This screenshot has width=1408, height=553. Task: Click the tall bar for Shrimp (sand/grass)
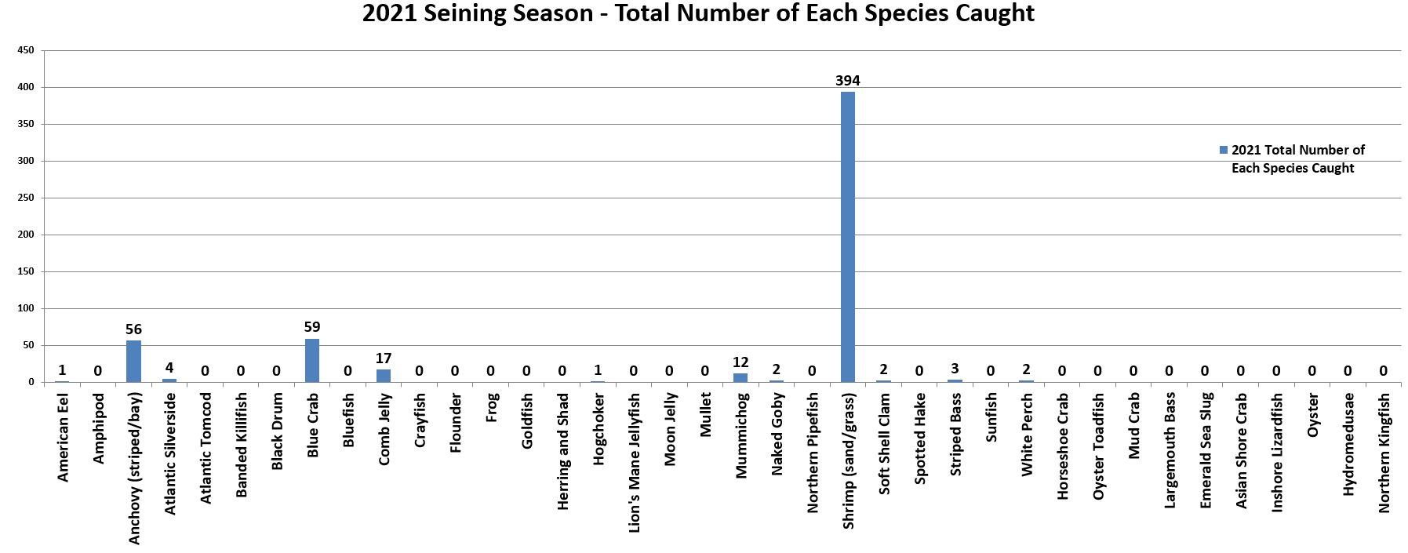(848, 235)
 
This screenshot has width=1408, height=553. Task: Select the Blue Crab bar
(312, 360)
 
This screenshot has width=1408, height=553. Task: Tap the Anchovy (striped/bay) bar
(133, 361)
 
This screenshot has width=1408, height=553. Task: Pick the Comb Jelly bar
(384, 376)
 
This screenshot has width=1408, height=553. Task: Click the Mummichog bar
(740, 377)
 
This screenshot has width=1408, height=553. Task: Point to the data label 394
(848, 81)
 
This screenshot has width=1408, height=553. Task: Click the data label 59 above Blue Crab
(312, 327)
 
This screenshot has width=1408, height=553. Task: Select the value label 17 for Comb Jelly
(384, 358)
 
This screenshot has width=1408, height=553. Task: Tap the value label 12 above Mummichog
(740, 362)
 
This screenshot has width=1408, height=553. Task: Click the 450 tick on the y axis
(26, 50)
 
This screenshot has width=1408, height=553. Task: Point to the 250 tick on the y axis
(26, 198)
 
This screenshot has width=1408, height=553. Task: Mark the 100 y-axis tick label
(26, 308)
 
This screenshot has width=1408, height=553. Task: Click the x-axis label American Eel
(63, 437)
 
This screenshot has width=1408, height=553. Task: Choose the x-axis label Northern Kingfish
(1384, 453)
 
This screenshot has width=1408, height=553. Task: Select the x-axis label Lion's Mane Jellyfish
(635, 462)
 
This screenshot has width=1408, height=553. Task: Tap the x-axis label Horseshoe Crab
(1063, 446)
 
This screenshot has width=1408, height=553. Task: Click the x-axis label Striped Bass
(955, 434)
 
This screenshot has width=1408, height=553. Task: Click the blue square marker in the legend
(1224, 150)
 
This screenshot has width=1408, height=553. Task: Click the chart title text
(698, 13)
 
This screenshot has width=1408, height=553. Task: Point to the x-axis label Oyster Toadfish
(1099, 446)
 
